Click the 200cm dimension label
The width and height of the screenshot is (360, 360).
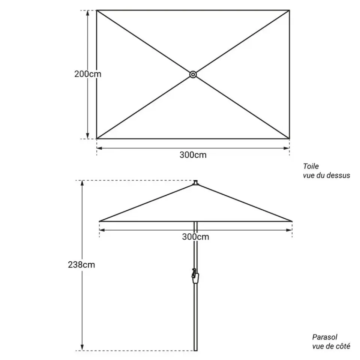click(88, 74)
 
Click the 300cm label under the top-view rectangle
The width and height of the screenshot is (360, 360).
click(193, 155)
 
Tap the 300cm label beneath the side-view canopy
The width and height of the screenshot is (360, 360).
click(196, 237)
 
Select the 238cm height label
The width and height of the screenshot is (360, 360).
click(81, 265)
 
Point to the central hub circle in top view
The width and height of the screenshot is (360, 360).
click(193, 74)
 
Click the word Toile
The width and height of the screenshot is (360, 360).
click(311, 166)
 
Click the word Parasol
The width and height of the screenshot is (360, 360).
click(325, 337)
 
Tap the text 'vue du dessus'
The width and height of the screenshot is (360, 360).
click(327, 175)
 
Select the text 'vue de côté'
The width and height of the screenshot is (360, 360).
click(331, 346)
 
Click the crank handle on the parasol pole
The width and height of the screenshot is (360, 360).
click(195, 276)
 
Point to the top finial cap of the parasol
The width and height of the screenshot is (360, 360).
click(196, 183)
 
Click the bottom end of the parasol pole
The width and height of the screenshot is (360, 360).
click(196, 351)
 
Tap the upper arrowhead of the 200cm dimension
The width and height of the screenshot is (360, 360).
click(87, 13)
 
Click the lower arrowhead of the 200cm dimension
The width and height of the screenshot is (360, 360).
click(87, 136)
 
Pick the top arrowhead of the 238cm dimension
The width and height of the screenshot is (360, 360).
click(82, 183)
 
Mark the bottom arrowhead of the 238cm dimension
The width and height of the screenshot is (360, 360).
click(82, 348)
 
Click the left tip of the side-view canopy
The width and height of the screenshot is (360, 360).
click(99, 221)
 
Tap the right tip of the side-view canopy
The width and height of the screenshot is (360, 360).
click(292, 221)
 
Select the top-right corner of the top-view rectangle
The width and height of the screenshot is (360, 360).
click(289, 10)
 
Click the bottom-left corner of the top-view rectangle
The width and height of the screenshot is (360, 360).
click(97, 139)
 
